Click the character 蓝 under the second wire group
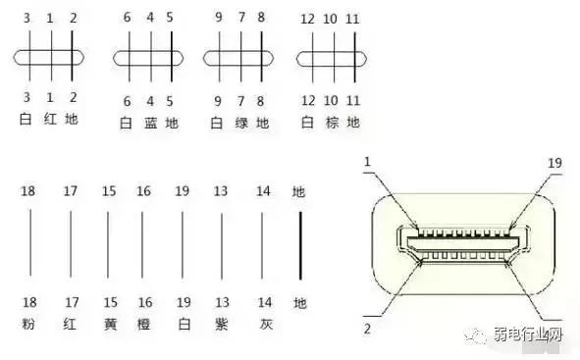click(x=150, y=123)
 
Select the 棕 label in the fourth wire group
click(x=333, y=123)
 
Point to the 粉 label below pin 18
click(x=27, y=323)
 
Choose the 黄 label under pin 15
click(x=108, y=323)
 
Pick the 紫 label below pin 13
click(x=220, y=323)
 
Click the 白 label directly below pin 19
click(x=182, y=323)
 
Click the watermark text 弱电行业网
click(x=534, y=337)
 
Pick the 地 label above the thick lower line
click(x=299, y=190)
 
